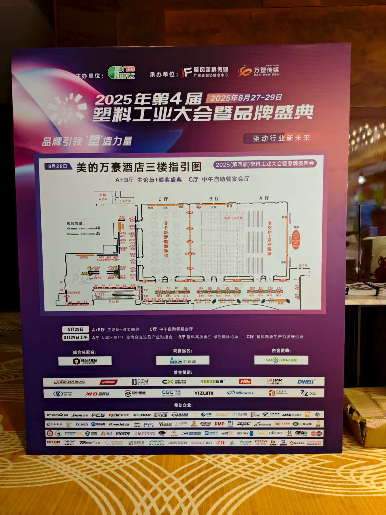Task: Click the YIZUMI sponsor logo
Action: (x=203, y=393)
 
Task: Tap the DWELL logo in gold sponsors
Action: (x=306, y=382)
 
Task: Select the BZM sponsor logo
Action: (x=140, y=382)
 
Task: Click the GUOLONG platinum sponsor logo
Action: (x=281, y=360)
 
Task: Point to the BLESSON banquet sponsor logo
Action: (x=183, y=361)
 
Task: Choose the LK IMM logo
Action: (x=274, y=382)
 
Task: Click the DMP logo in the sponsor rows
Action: (x=219, y=424)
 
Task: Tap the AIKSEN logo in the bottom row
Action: (x=178, y=443)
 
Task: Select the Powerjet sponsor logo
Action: (x=119, y=424)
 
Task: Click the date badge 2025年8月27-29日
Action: (x=246, y=98)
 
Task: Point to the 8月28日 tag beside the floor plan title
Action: (x=58, y=166)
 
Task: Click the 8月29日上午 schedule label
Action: (x=75, y=337)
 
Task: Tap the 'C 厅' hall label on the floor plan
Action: (x=163, y=199)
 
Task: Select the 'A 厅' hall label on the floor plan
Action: (x=264, y=198)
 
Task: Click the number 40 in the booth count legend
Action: (x=97, y=228)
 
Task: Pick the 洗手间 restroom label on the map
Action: (x=303, y=266)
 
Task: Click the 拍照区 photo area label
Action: (x=84, y=257)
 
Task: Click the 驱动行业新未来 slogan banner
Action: (x=281, y=138)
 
